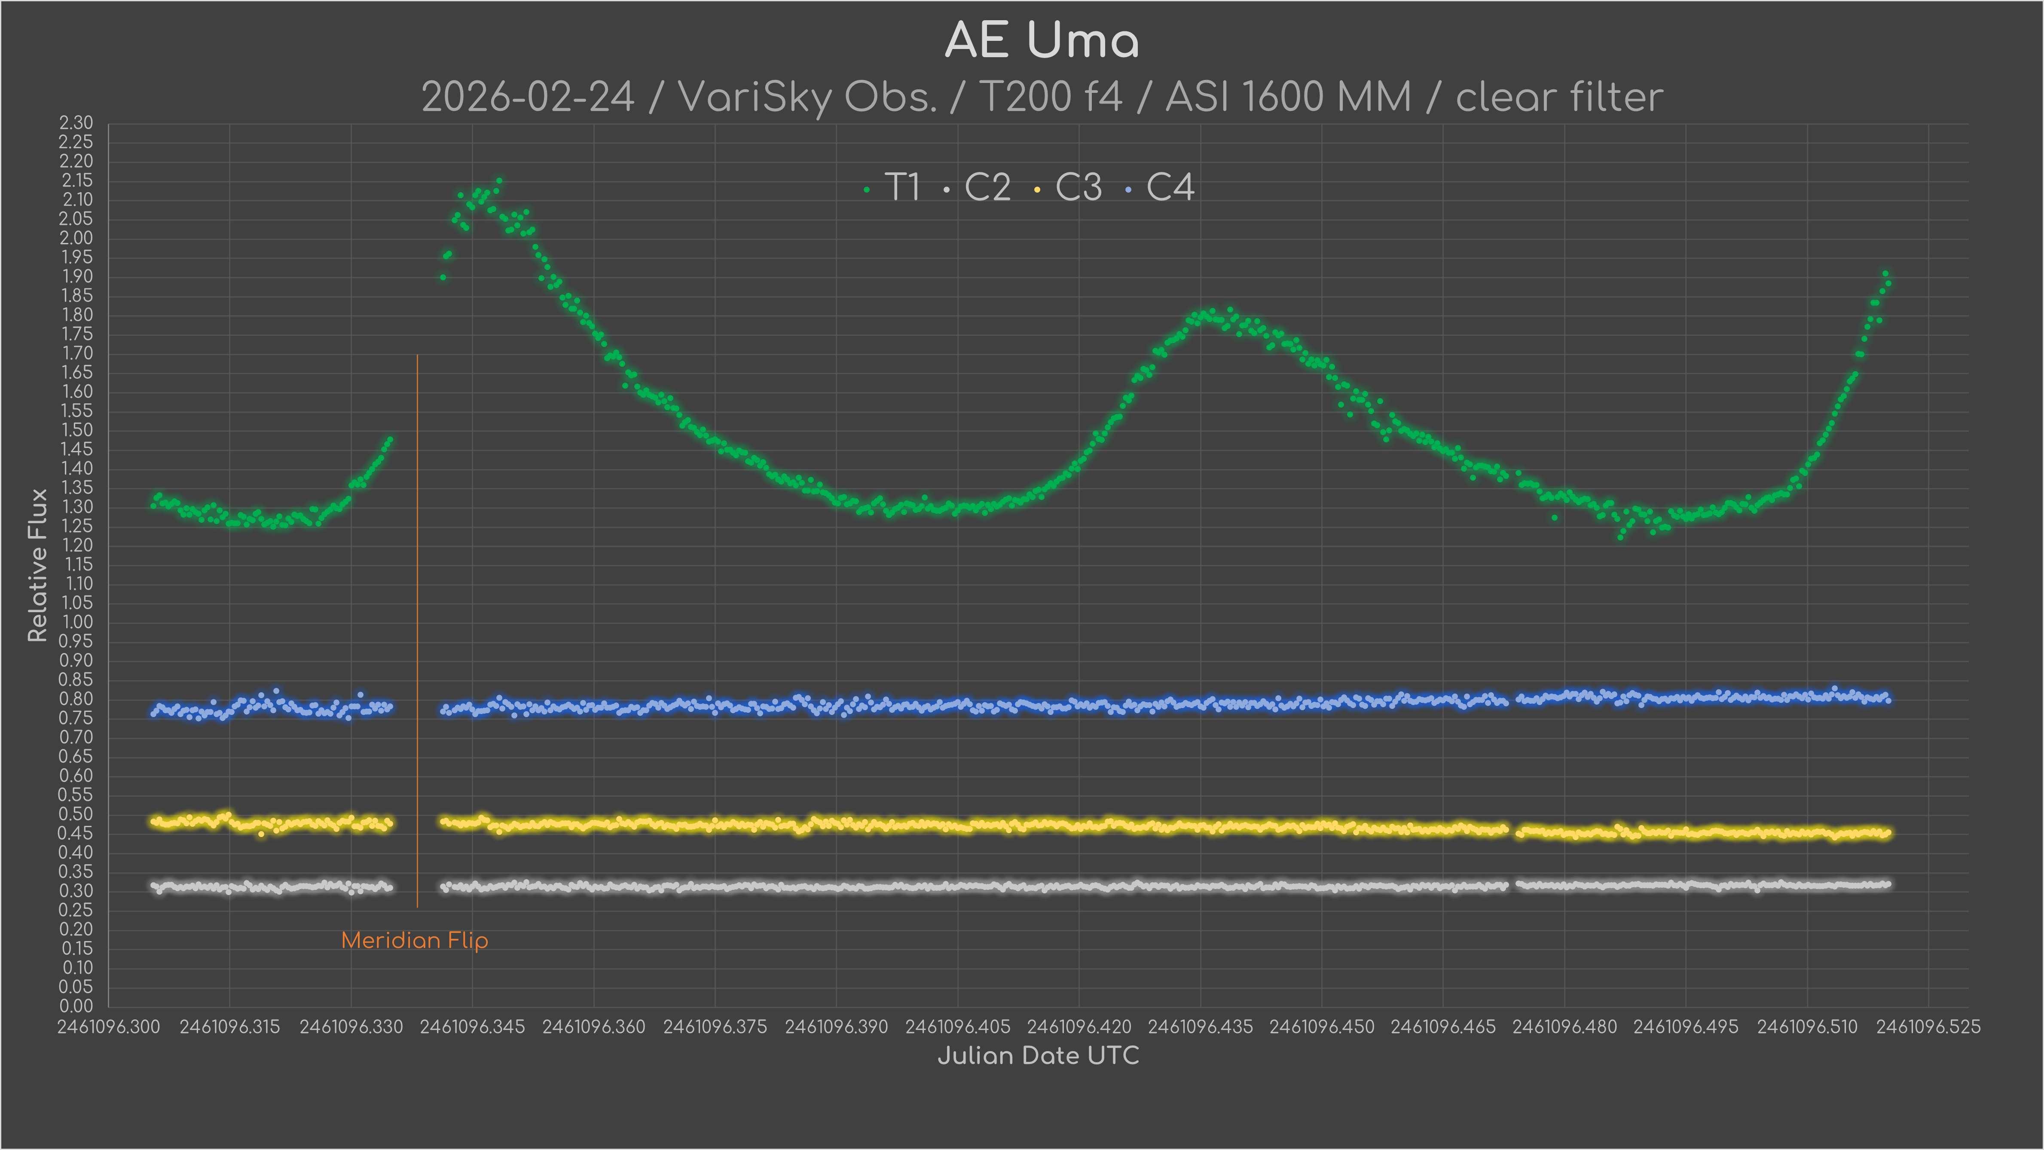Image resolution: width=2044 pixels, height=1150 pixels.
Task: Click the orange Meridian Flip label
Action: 414,941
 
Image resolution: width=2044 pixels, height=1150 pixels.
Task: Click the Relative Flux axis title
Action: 37,565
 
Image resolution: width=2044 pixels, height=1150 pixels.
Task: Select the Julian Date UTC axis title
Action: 1038,1055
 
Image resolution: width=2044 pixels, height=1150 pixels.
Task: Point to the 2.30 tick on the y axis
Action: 76,123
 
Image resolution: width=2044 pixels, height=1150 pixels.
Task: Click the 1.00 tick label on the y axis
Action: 76,622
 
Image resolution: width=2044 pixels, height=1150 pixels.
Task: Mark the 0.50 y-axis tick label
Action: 76,814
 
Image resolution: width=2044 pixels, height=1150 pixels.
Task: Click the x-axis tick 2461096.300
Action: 109,1027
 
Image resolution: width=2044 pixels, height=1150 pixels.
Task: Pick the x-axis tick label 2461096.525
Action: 1928,1027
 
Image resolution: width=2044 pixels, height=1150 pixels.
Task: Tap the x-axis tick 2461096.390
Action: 836,1027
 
